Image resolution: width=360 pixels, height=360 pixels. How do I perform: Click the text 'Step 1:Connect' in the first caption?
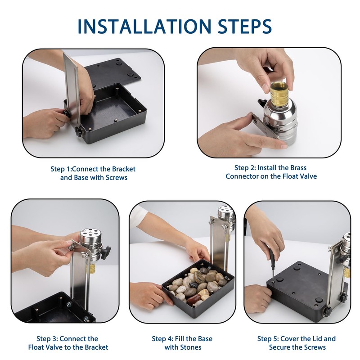coord(76,169)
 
